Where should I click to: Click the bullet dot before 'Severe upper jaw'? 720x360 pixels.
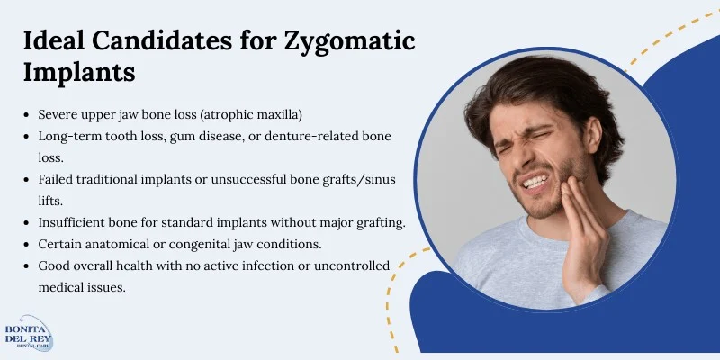tap(28, 115)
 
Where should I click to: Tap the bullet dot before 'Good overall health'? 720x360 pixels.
tap(28, 265)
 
